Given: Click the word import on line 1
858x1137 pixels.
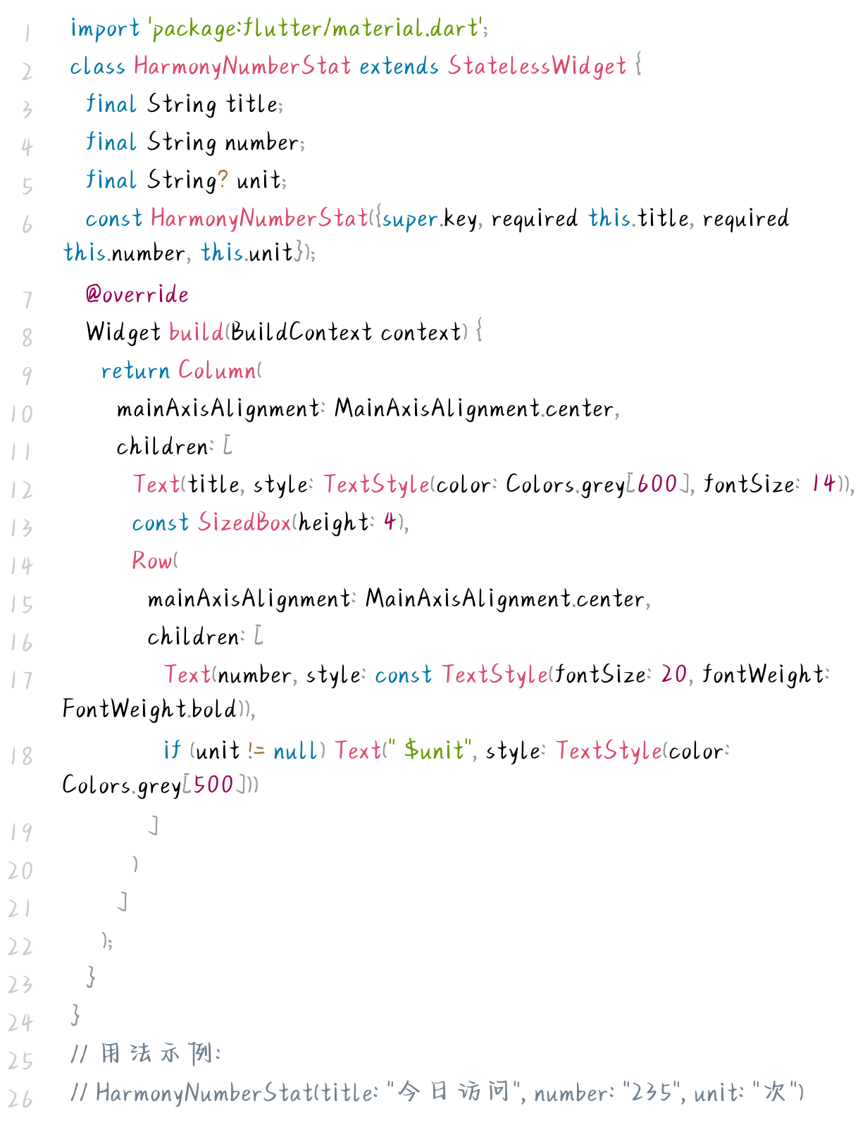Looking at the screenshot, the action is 105,29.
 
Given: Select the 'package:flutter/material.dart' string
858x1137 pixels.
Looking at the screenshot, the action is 315,29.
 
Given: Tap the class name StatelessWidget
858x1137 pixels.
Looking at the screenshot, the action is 537,66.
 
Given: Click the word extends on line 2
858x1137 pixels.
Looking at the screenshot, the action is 399,66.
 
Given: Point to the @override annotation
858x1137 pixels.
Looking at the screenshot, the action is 137,294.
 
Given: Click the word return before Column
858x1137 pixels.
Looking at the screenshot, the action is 135,371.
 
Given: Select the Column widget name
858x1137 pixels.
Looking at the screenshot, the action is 217,371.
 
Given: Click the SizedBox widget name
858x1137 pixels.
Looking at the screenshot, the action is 244,523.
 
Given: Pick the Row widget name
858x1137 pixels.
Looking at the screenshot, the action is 151,561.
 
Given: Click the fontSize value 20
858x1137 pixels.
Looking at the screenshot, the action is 673,675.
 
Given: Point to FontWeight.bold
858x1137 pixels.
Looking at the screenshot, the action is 149,709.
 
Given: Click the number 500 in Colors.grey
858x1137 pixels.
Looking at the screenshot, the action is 213,785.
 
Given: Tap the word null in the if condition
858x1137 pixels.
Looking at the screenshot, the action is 295,751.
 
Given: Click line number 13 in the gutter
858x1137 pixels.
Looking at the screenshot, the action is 21,528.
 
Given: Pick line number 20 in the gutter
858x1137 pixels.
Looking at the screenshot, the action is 21,871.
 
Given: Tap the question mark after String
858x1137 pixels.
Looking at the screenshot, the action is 223,180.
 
